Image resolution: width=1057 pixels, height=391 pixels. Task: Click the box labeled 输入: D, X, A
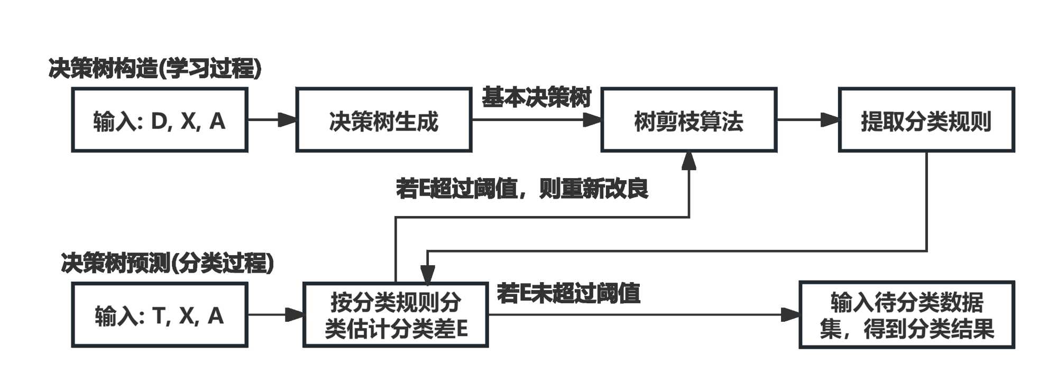[x=159, y=120]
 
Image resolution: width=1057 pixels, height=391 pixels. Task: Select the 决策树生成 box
[x=383, y=120]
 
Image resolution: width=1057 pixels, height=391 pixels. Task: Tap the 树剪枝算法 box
[x=688, y=120]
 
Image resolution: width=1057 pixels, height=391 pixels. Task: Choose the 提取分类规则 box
[x=926, y=120]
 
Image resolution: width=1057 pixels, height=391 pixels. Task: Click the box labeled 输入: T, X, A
[x=159, y=315]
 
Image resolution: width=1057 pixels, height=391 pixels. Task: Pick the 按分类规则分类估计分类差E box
[x=395, y=315]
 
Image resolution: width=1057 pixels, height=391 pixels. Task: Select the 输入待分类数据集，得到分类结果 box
[x=906, y=315]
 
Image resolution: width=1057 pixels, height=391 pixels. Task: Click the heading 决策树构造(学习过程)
[x=155, y=69]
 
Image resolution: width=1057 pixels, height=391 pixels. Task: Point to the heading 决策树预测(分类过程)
[x=168, y=263]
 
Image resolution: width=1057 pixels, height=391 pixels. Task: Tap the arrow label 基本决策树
[x=536, y=98]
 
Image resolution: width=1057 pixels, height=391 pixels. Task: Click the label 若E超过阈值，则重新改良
[x=522, y=189]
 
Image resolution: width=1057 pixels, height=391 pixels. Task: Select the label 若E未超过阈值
[x=568, y=293]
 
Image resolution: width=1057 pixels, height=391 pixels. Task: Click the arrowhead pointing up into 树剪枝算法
[x=688, y=161]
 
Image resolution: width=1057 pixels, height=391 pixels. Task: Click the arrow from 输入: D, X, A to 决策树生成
[x=272, y=120]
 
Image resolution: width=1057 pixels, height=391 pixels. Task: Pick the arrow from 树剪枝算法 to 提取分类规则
[x=807, y=120]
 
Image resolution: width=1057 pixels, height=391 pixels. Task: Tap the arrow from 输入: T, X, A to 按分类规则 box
[x=275, y=315]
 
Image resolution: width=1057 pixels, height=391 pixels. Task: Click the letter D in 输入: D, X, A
[x=159, y=122]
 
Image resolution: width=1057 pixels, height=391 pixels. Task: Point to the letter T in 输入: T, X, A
[x=159, y=316]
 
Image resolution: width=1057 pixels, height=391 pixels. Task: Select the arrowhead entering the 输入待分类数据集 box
[x=791, y=315]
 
